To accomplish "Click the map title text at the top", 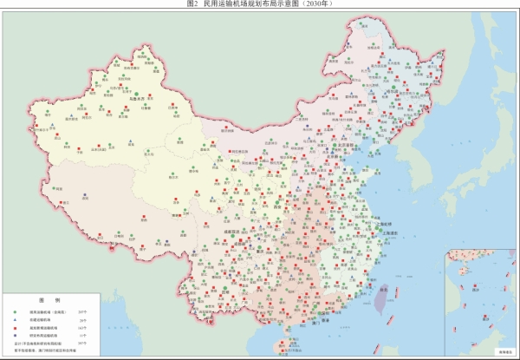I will point(260,4).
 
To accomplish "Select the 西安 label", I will point(282,208).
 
